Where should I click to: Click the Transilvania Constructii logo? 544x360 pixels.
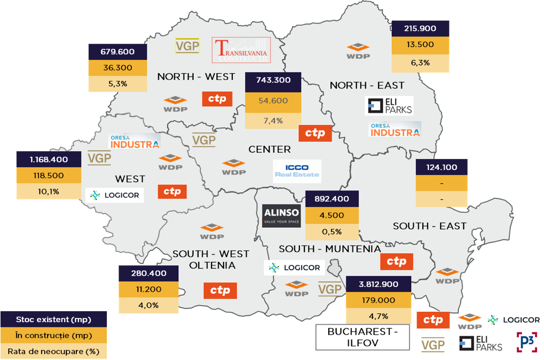(242, 50)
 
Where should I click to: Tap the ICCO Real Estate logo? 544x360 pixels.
(297, 171)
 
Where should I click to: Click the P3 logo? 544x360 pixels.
(526, 341)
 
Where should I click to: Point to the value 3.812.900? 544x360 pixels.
(379, 284)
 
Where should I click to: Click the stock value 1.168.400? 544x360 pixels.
(49, 160)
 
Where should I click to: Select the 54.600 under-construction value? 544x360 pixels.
(273, 101)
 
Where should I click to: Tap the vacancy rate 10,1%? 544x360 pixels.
(49, 192)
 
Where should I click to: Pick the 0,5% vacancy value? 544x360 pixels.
(331, 232)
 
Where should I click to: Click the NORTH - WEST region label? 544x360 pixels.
(196, 76)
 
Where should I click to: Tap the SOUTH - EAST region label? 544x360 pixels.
(429, 226)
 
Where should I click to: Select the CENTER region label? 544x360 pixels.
(270, 150)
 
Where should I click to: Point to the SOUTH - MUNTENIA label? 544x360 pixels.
(330, 249)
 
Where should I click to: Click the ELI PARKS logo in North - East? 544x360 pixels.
(390, 106)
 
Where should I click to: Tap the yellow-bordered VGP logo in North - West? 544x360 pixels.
(187, 46)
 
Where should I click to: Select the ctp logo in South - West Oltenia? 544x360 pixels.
(220, 291)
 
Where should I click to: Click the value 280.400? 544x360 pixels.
(149, 273)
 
